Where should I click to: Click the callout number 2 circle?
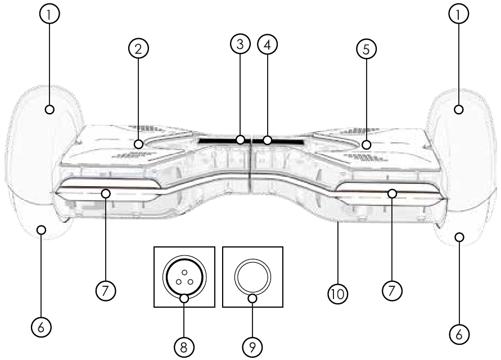click(138, 48)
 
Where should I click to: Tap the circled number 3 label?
click(240, 44)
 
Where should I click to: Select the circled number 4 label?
click(267, 44)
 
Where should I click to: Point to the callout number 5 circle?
click(366, 49)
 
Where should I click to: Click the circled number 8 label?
click(184, 347)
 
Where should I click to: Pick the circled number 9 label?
click(252, 347)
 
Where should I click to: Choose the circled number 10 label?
click(338, 294)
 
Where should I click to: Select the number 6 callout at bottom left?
click(41, 327)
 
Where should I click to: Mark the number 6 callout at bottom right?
click(459, 334)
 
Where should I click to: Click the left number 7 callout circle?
click(106, 291)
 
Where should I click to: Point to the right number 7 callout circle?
click(392, 291)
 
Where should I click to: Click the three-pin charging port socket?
click(184, 277)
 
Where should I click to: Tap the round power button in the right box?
click(252, 277)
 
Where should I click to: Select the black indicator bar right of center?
click(278, 141)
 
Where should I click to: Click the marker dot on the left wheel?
click(49, 109)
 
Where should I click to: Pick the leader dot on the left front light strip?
click(106, 193)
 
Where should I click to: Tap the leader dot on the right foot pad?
click(367, 145)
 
